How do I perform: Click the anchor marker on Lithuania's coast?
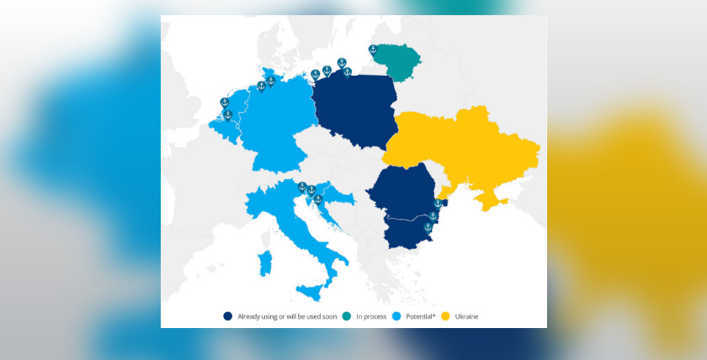coord(373,50)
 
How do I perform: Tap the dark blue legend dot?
coord(227,316)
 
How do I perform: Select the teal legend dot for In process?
coord(348,316)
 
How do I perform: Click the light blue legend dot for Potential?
coord(396,316)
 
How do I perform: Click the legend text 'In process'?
coord(370,316)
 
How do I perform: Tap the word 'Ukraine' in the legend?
coord(466,316)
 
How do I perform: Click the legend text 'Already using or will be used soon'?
coord(284,316)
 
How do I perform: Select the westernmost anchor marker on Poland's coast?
coord(316,74)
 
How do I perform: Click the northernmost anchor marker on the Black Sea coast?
coord(438,204)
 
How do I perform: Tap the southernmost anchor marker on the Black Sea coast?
coord(428,228)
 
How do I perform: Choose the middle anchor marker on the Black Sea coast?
coord(433,216)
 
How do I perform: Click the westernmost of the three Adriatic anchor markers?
coord(302,187)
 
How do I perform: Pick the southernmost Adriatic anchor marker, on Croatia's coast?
coord(318,199)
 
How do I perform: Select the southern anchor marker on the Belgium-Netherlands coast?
coord(227,114)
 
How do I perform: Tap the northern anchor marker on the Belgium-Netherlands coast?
coord(225,103)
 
